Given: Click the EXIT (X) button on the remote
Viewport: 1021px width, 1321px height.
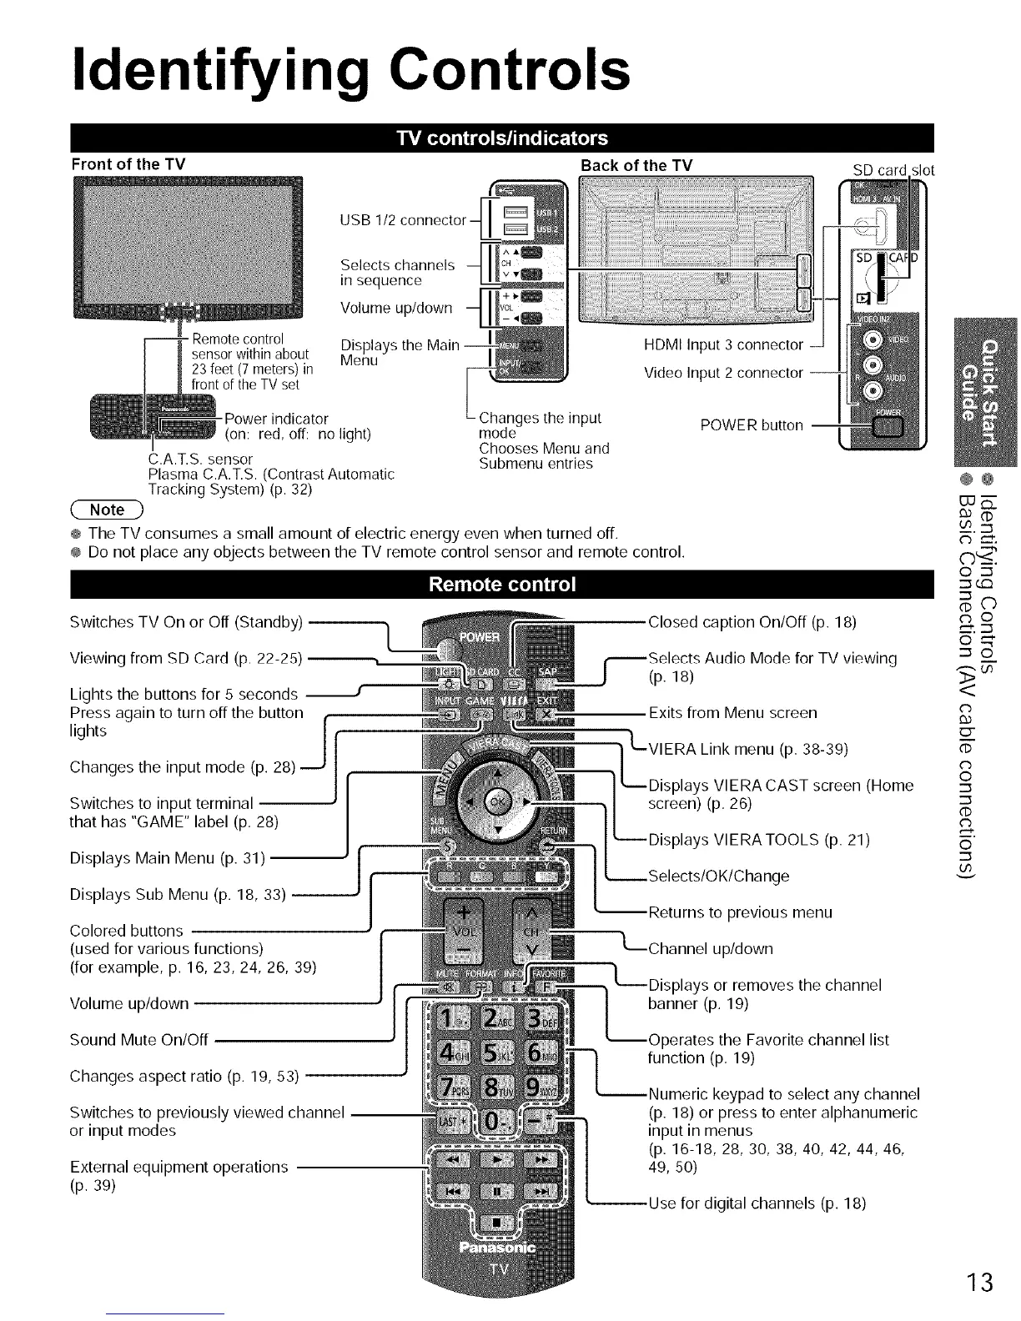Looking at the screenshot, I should click(x=546, y=716).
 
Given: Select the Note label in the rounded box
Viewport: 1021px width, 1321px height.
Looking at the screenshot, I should click(x=107, y=510).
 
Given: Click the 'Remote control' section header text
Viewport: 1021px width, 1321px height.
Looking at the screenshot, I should click(x=502, y=584).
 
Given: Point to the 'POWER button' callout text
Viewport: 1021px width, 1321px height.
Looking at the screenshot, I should click(x=752, y=425).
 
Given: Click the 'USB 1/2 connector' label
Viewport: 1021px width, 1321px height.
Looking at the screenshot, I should click(x=403, y=220).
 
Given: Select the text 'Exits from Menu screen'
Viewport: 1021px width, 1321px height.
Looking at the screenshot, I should click(x=732, y=713).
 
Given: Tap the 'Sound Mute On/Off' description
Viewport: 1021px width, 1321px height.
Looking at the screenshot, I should click(x=138, y=1039).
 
